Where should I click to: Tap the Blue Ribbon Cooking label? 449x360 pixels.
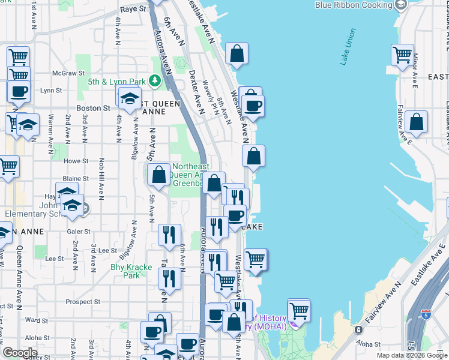point(354,5)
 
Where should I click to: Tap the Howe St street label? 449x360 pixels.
point(76,161)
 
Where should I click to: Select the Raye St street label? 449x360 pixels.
point(133,9)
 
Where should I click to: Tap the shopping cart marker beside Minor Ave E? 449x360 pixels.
point(402,55)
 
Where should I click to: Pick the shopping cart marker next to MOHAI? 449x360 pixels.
point(298,311)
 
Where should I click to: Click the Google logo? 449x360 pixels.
point(20,353)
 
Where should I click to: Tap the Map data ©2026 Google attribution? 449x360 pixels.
point(412,355)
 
